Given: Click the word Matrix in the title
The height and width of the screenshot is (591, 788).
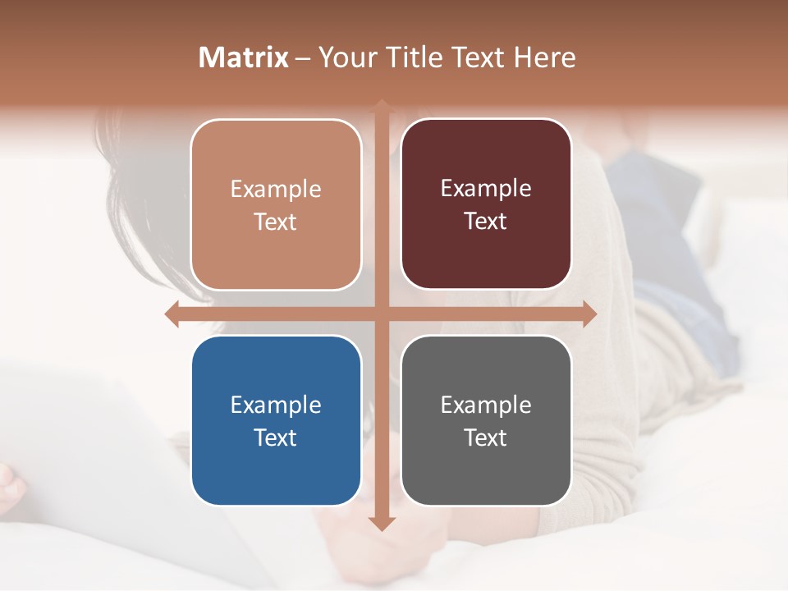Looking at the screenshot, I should tap(244, 57).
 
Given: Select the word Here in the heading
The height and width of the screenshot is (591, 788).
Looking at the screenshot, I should tap(544, 57).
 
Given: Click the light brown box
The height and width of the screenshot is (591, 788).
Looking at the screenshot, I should tap(276, 204).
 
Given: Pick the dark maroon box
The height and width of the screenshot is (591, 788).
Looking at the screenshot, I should tap(486, 204).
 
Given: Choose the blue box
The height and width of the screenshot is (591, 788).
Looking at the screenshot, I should tap(276, 420).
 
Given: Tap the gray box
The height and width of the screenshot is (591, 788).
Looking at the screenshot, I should tap(486, 420).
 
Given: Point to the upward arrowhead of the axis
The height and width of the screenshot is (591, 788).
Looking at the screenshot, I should tap(381, 105).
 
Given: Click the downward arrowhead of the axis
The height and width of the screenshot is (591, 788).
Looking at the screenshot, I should tap(381, 523).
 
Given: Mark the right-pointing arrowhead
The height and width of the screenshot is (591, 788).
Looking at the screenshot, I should tap(589, 314).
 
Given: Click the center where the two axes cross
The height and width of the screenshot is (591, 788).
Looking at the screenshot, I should tap(381, 314).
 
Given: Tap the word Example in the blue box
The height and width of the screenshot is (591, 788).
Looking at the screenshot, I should tap(276, 405).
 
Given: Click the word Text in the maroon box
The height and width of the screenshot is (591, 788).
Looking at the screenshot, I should tap(486, 222).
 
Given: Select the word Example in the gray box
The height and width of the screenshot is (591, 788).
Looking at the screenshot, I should tap(486, 405).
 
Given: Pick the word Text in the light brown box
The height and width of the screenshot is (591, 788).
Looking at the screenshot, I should tap(276, 222).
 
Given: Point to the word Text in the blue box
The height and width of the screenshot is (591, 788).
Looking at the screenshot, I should tap(276, 438).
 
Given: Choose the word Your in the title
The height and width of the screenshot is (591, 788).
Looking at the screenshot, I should tap(348, 57).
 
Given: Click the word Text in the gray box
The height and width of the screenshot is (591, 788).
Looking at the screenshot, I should tap(486, 438).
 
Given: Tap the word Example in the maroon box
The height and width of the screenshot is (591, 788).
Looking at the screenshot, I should tap(486, 189).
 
